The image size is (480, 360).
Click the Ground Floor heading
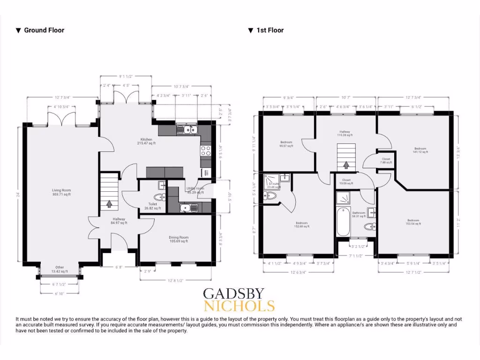(x=44, y=30)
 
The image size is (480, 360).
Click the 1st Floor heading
(x=270, y=30)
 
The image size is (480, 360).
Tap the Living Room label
(x=61, y=192)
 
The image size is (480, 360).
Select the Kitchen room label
(x=146, y=141)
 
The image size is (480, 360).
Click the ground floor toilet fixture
(x=161, y=197)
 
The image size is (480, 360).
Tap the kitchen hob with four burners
(x=205, y=150)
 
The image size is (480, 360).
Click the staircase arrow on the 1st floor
(x=346, y=165)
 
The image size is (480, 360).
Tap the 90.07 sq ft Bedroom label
(x=286, y=144)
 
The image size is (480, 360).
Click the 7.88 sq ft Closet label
(x=386, y=161)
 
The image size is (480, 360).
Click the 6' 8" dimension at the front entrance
(x=119, y=267)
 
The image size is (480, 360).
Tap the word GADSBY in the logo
(x=233, y=294)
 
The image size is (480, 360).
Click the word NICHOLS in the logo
(x=239, y=307)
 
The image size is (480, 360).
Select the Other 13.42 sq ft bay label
(x=60, y=270)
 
